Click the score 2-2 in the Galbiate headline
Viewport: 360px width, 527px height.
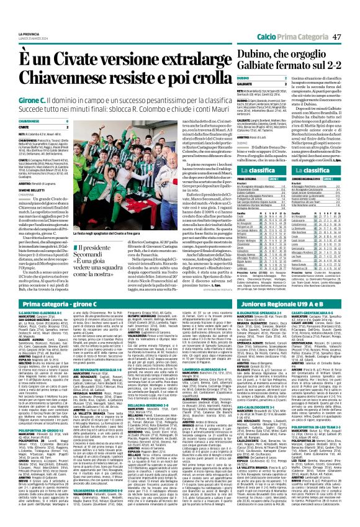tap(323, 58)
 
